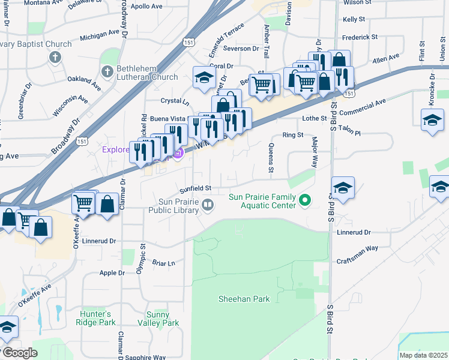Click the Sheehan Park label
(x=244, y=299)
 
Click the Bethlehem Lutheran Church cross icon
(x=107, y=72)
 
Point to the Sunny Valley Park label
(x=163, y=318)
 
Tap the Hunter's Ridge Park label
(x=95, y=318)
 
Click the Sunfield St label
(x=196, y=188)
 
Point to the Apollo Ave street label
(x=147, y=7)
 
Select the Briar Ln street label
(x=163, y=263)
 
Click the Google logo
(x=19, y=353)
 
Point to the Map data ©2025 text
(x=423, y=355)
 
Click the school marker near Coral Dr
(x=204, y=78)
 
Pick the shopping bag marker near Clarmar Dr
(x=107, y=204)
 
